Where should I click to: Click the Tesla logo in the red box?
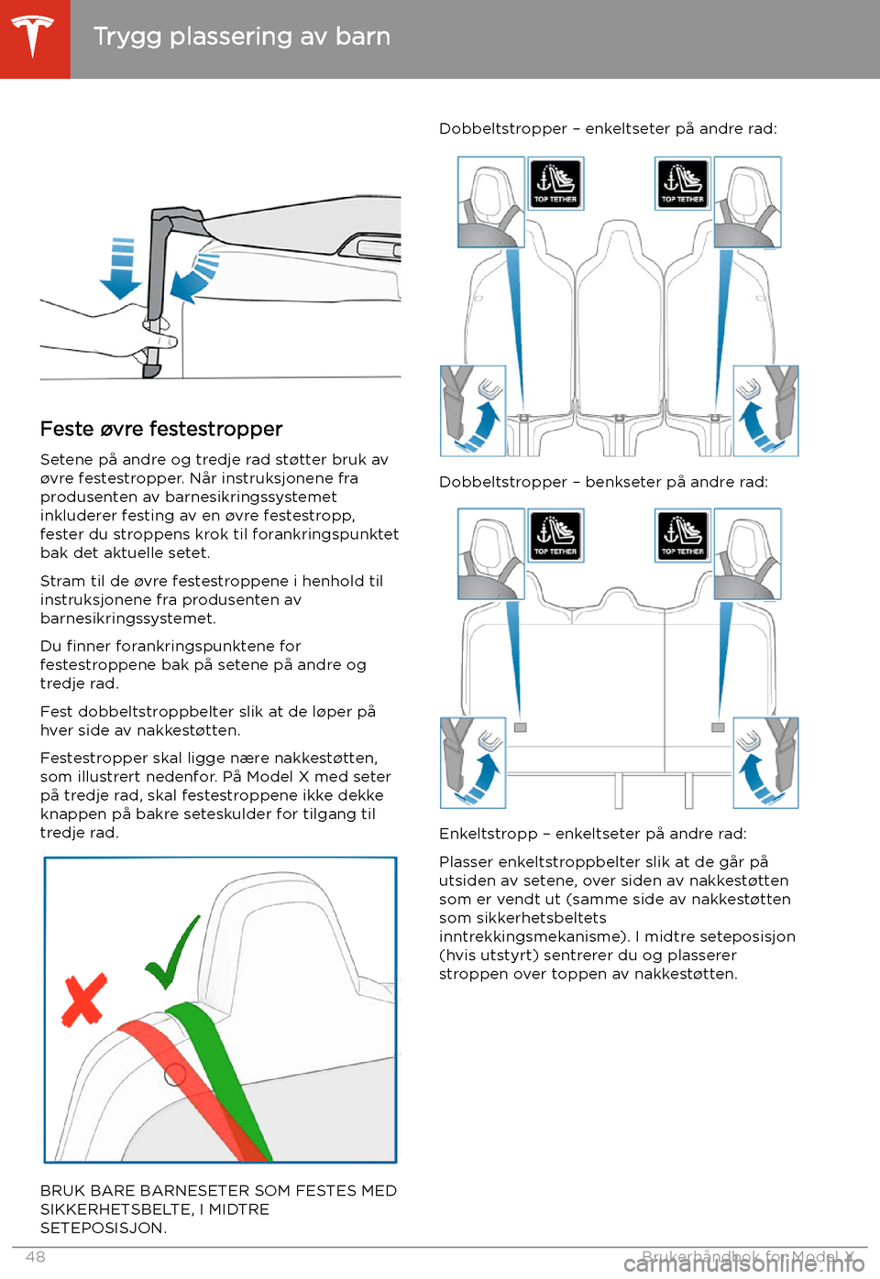pyautogui.click(x=33, y=37)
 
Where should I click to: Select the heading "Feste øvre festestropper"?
pyautogui.click(x=161, y=429)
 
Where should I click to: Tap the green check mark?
pyautogui.click(x=172, y=952)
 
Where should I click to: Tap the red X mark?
pyautogui.click(x=84, y=1000)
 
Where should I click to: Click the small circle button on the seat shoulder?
pyautogui.click(x=175, y=1076)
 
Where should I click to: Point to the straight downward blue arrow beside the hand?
pyautogui.click(x=121, y=268)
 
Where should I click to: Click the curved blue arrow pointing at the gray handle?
pyautogui.click(x=193, y=279)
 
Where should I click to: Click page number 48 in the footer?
pyautogui.click(x=36, y=1257)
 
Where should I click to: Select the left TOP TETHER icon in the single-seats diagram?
pyautogui.click(x=555, y=183)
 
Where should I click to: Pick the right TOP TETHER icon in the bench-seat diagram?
pyautogui.click(x=683, y=535)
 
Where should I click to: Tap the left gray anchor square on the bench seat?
pyautogui.click(x=520, y=727)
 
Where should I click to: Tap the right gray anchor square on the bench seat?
pyautogui.click(x=718, y=727)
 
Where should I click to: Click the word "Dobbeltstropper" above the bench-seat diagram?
pyautogui.click(x=503, y=483)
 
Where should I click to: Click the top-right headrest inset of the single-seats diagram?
pyautogui.click(x=747, y=202)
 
